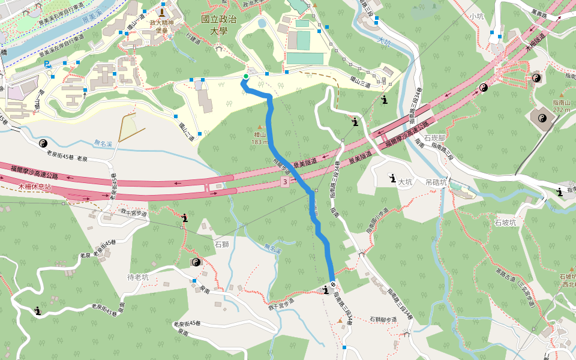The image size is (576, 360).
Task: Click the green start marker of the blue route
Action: pos(245,76)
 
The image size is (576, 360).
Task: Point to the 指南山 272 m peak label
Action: pos(562,106)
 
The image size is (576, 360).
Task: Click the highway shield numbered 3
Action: pos(285,181)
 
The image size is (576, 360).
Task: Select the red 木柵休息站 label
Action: pos(35,187)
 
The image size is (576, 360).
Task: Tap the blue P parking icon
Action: pos(47,63)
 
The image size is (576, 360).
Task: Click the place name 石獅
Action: pos(221,244)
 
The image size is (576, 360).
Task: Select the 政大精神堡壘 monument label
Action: pos(161,26)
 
